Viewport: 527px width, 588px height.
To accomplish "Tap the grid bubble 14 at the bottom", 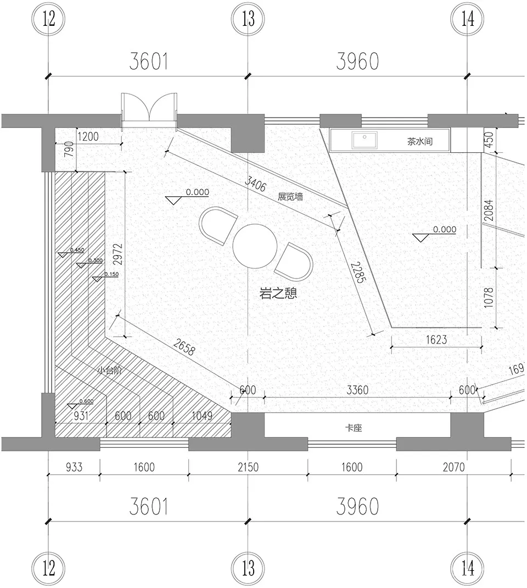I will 467,568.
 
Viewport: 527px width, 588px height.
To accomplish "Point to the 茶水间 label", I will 420,141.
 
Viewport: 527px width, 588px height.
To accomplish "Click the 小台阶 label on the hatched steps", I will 109,370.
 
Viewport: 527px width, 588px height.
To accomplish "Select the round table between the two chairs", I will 255,246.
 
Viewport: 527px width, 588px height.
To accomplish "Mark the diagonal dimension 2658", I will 184,350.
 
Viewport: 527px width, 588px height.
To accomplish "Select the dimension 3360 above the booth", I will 357,390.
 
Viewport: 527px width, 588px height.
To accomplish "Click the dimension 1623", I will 436,340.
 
